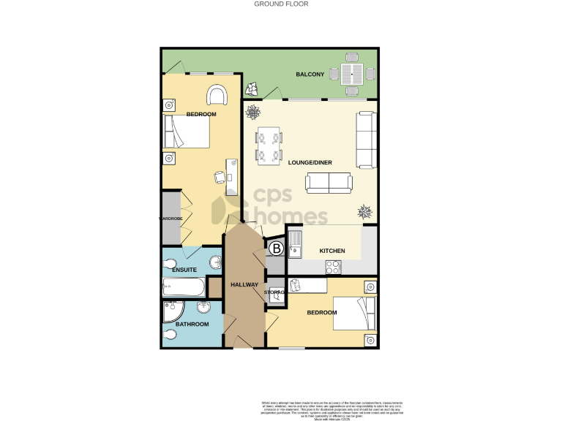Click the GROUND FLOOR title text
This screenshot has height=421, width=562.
281,4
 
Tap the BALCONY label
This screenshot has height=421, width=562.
310,75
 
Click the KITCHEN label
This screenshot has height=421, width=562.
332,251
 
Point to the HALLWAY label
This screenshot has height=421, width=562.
244,284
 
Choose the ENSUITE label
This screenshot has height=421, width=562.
184,270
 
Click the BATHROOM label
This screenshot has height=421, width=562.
192,324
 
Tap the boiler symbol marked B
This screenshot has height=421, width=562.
277,249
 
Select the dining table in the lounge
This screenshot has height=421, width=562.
268,145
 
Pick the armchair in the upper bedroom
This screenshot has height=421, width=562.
217,95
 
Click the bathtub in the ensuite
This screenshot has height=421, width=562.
184,287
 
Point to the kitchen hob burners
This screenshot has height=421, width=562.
334,267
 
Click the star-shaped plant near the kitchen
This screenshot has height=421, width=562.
364,212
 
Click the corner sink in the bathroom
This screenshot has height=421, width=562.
171,308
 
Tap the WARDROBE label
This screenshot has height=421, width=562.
171,218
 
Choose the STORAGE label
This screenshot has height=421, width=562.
274,292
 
